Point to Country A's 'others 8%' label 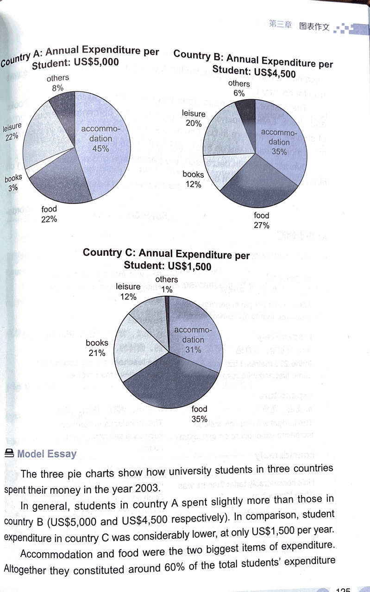pos(58,82)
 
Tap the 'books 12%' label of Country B pos(193,179)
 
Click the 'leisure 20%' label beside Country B pos(194,118)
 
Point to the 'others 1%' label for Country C pos(167,284)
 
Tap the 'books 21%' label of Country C pos(97,348)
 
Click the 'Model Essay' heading pos(46,453)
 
